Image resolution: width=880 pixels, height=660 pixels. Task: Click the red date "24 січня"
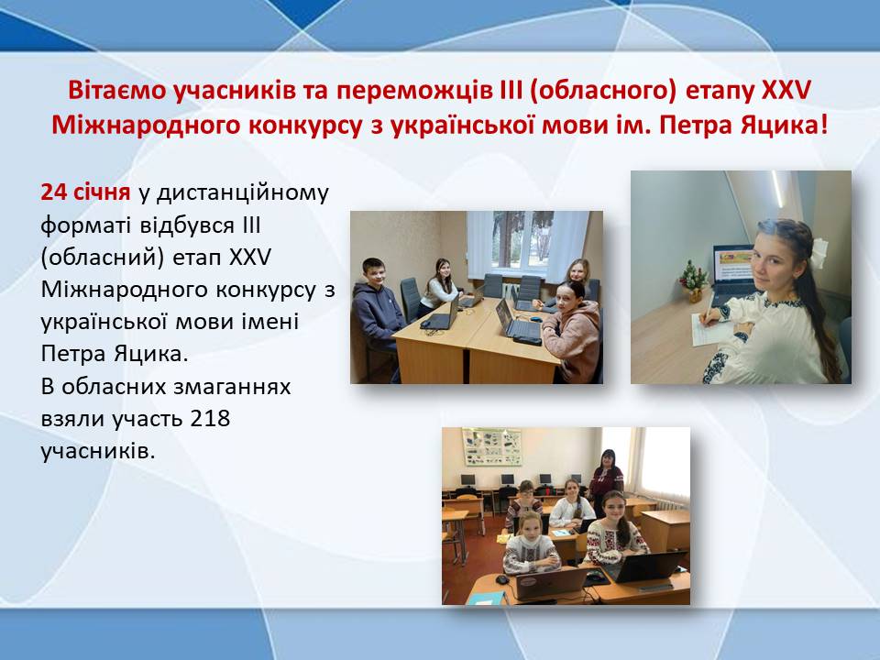85,192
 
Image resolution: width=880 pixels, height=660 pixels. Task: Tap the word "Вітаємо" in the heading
115,91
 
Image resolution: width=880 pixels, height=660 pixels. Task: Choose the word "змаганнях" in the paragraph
232,387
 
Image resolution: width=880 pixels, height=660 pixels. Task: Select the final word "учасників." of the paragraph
98,452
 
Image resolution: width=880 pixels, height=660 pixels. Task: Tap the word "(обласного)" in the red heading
602,92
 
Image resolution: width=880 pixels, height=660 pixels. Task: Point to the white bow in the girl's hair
819,252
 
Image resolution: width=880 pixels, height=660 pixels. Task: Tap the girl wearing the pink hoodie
571,332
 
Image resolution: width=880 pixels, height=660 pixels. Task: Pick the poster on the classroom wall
491,446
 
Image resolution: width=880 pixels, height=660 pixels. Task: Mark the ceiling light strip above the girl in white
776,189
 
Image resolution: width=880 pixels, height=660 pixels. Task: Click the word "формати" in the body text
87,226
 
